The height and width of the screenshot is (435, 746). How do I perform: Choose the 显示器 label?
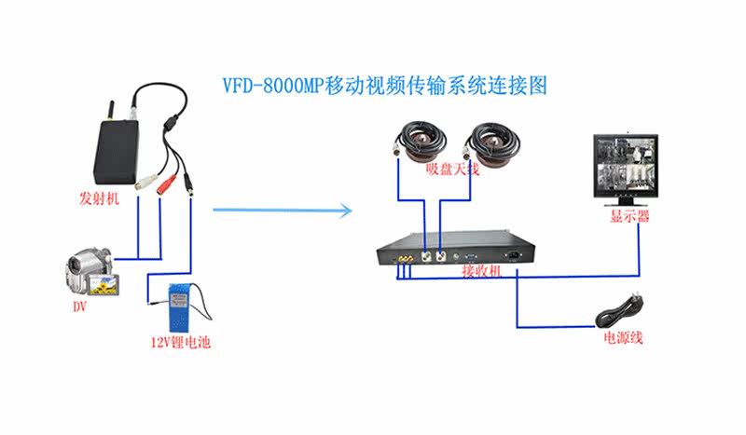point(630,217)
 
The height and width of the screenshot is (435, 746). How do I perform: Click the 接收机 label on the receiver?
point(482,271)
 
